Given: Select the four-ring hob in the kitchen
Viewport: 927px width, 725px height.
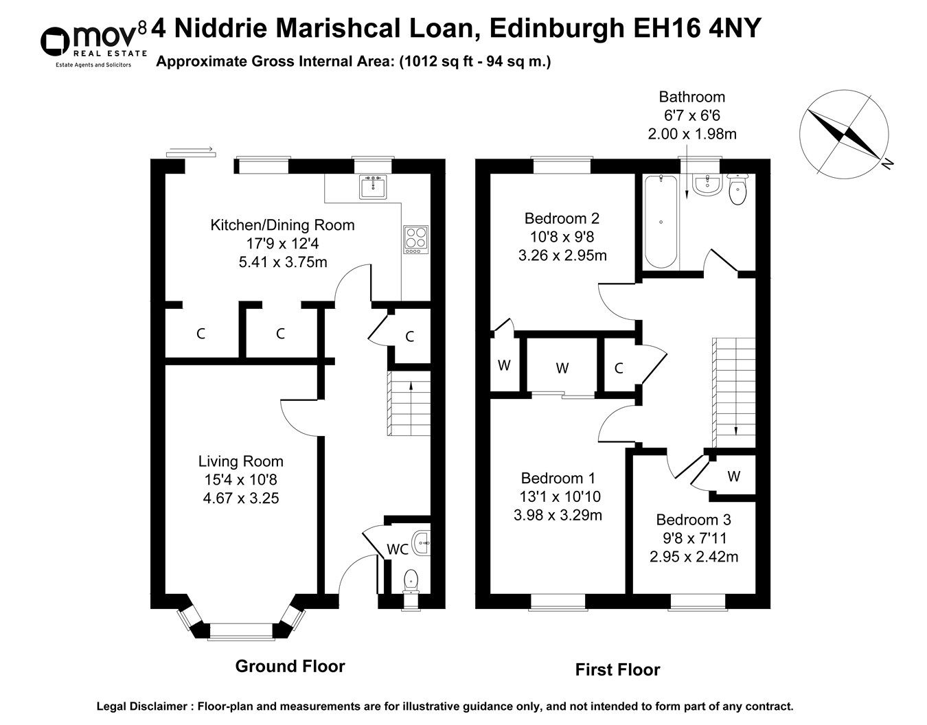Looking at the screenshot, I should coord(415,240).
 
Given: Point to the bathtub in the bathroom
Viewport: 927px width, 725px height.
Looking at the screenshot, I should coord(661,221).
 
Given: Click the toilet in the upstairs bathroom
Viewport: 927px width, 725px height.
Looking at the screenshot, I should coord(738,190).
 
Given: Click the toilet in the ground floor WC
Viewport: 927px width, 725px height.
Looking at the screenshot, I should coord(411,581).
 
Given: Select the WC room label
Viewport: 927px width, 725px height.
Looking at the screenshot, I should coord(398,549).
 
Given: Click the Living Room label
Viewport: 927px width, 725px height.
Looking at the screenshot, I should coord(240,461).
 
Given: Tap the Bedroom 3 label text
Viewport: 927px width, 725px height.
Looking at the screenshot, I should coord(694,520).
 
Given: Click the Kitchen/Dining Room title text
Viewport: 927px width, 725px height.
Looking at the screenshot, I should coord(282,225).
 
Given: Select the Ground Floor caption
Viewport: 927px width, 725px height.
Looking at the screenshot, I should coord(290,666).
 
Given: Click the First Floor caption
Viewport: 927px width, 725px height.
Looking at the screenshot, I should coord(617,669).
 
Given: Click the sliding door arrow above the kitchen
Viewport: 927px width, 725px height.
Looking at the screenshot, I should coord(190,148).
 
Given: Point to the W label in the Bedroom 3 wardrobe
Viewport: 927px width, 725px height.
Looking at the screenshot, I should coord(734,476).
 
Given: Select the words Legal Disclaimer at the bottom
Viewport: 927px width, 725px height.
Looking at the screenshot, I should coord(143,706).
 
